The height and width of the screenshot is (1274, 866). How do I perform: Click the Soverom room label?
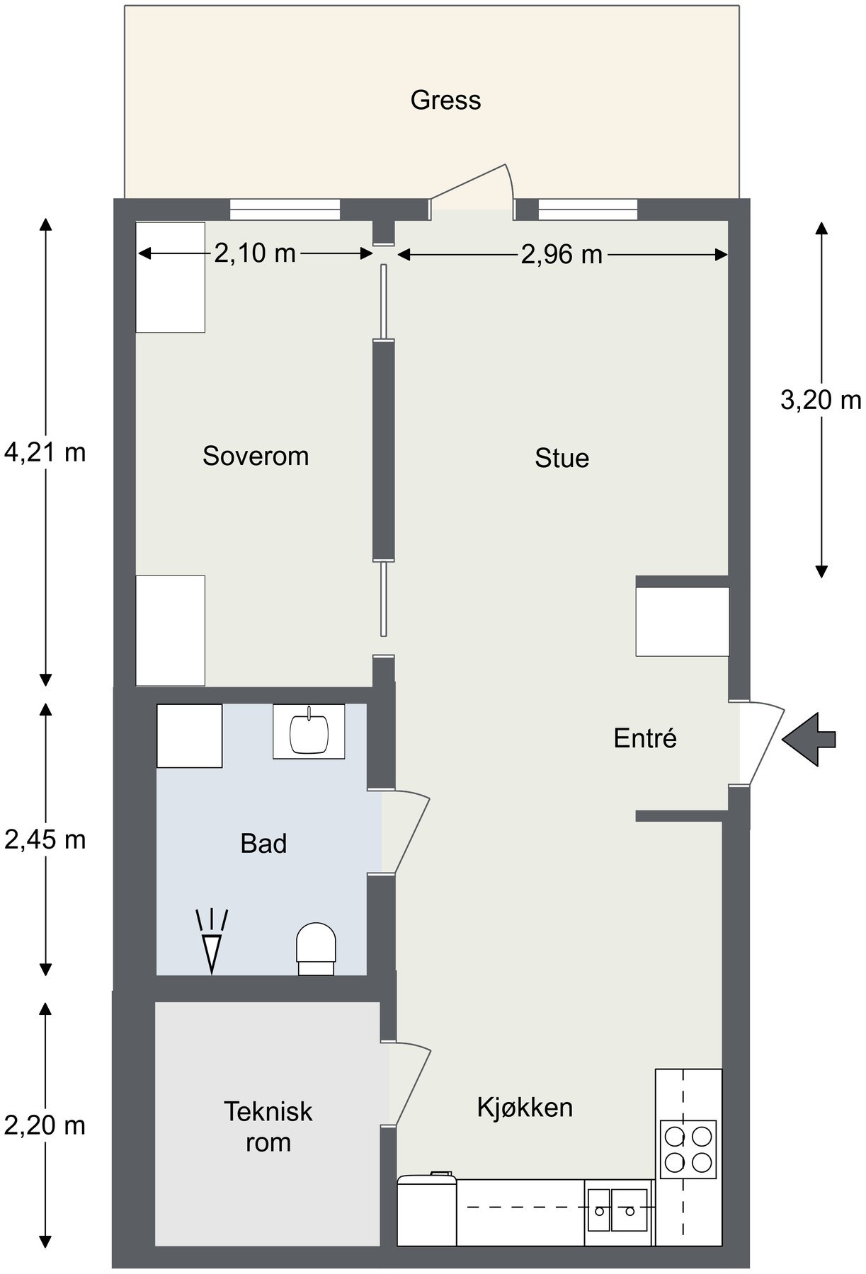(256, 456)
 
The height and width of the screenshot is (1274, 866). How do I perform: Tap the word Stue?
(562, 458)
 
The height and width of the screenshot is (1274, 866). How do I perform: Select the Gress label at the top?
(445, 100)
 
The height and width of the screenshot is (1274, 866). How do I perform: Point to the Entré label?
(645, 738)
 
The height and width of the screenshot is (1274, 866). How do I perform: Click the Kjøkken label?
(525, 1107)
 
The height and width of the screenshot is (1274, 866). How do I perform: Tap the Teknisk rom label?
(268, 1127)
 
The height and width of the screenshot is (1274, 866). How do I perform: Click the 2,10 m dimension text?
(255, 253)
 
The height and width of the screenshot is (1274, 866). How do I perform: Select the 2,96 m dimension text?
(562, 254)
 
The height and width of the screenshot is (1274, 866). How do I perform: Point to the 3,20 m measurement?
(821, 401)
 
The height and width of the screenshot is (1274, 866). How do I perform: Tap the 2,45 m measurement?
(45, 839)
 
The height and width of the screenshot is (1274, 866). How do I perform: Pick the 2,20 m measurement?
(45, 1125)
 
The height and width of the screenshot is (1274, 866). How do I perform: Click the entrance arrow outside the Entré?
(809, 740)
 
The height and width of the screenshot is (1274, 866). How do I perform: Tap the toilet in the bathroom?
(316, 949)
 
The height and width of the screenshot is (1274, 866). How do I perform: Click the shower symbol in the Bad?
(212, 941)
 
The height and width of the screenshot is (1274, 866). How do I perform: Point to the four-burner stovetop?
(688, 1146)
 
